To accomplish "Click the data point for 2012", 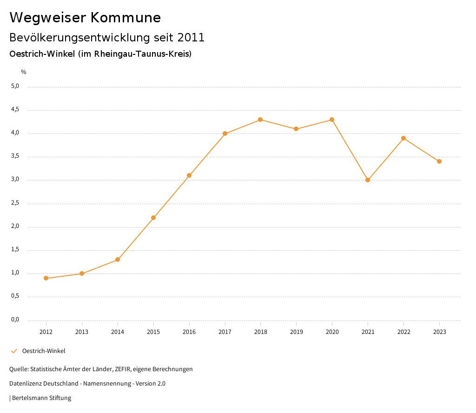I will (46, 278).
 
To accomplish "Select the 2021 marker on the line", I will (368, 180).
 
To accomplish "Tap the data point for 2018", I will (260, 120).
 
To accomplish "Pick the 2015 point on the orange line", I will (153, 218).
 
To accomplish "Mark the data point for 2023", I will (439, 161).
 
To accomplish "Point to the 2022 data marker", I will (403, 138).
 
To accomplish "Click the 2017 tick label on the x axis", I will (225, 332).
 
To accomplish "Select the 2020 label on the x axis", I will (332, 332).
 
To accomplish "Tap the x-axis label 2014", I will (118, 332).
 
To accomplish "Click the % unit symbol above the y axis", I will (24, 72).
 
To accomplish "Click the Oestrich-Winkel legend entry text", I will (44, 351).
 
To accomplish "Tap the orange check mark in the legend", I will (14, 351).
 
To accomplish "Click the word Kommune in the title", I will (126, 18).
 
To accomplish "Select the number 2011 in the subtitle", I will (191, 38).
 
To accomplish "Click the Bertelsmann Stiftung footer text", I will (41, 398).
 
